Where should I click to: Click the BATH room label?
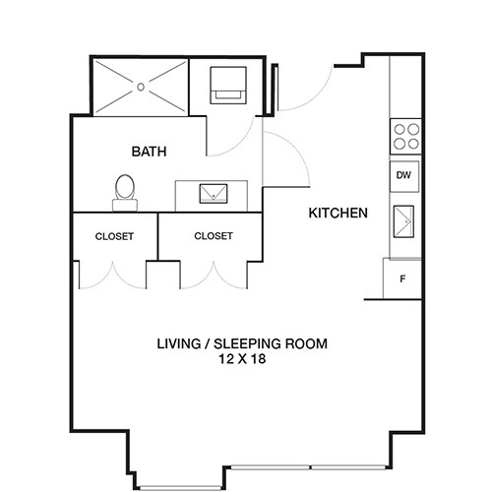(149, 152)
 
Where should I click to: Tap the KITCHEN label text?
(338, 213)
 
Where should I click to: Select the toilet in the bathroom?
(125, 192)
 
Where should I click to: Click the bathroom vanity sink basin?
(212, 194)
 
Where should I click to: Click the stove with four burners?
(405, 135)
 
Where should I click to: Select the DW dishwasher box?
(403, 176)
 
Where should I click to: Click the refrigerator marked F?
(402, 278)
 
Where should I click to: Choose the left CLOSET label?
(114, 236)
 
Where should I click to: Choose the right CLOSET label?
(214, 236)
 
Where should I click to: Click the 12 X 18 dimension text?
(242, 360)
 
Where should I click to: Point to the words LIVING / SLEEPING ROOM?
(242, 344)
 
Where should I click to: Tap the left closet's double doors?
(113, 276)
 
